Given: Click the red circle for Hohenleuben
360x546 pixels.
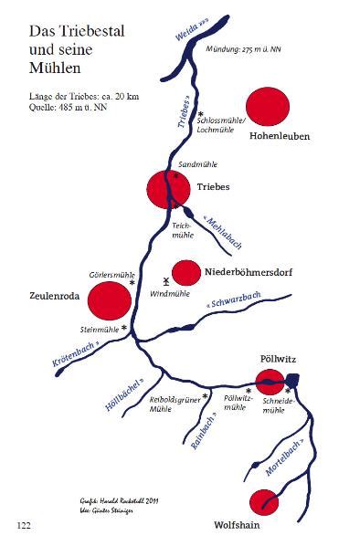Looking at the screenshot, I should click(x=266, y=106).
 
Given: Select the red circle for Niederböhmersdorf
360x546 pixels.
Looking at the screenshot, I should click(x=185, y=272).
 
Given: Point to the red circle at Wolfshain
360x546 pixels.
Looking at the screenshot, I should click(x=263, y=501).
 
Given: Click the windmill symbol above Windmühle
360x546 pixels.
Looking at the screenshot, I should click(x=165, y=283).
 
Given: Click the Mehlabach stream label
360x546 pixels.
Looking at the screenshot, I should click(x=223, y=232).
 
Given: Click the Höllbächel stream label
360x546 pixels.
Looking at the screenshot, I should click(x=125, y=394).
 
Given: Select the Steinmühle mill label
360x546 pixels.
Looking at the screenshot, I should click(x=100, y=328).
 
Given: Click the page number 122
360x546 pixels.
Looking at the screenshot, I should click(x=25, y=525).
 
